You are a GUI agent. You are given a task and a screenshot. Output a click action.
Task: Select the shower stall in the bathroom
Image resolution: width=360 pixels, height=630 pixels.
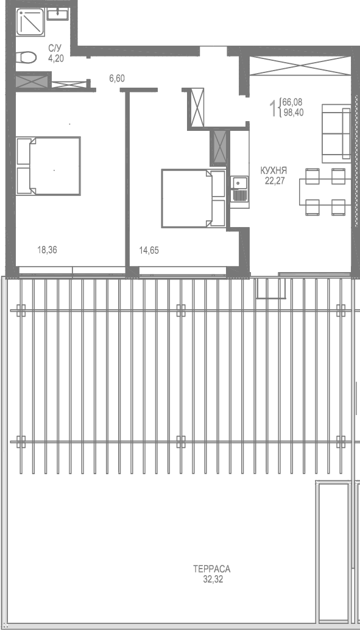31,24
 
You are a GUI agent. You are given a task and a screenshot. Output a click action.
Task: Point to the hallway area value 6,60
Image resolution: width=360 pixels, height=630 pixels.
117,79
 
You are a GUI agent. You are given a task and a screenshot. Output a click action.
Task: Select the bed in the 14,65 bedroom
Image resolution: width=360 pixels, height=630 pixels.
194,198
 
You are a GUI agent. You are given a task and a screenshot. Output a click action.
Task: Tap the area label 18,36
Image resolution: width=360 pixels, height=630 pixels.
47,250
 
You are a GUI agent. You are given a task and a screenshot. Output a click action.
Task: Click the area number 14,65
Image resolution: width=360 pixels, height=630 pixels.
149,250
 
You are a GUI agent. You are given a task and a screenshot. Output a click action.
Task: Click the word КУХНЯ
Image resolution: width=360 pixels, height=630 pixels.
274,171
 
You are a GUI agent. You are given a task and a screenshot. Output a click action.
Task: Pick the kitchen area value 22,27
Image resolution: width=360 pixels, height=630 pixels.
274,180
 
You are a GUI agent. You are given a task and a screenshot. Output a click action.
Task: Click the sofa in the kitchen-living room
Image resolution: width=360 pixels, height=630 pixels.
334,130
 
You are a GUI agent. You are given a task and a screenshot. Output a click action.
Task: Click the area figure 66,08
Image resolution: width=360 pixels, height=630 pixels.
293,103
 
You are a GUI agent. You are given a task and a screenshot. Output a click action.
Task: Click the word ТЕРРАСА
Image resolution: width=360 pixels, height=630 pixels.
211,570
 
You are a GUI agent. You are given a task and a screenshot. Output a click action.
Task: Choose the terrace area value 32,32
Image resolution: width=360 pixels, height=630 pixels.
212,579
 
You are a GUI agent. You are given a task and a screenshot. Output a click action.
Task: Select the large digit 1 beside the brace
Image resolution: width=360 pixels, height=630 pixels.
273,108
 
